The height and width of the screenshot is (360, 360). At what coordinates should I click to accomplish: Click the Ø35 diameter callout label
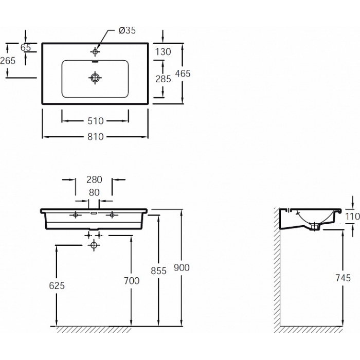coord(127,30)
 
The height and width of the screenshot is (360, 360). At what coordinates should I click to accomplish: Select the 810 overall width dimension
coord(96,137)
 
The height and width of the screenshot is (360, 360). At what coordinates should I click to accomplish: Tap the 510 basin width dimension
coord(96,121)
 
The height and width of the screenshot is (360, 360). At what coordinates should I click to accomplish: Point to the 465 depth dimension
coord(183,74)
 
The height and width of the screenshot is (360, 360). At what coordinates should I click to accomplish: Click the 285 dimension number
coord(163,79)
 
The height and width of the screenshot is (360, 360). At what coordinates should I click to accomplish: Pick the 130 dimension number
coord(163,52)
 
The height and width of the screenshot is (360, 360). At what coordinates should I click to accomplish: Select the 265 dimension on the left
coord(8,61)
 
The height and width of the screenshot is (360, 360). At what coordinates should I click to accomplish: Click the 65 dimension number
coord(26,47)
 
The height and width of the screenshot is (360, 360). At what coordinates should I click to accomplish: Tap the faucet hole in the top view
coord(95,51)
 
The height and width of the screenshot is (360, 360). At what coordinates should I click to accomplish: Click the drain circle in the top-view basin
coord(95,78)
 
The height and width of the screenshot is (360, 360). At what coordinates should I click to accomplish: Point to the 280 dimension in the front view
coord(94,179)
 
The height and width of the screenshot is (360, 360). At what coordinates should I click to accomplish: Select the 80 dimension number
coord(94,192)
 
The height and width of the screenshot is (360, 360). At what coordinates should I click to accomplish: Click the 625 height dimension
coord(57,285)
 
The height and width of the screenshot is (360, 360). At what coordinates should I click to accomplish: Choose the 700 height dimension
coord(132,281)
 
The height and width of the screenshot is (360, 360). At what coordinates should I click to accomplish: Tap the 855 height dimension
coord(158,271)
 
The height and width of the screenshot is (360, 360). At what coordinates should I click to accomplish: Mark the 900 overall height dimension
coord(182,267)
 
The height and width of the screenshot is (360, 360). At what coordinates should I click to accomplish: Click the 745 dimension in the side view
coord(343,278)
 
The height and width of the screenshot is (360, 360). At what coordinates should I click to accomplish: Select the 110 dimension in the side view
coord(353,217)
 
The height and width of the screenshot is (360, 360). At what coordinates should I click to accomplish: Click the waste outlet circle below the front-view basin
coord(94,245)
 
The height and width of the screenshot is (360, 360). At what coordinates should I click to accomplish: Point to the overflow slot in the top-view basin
coord(95,62)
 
